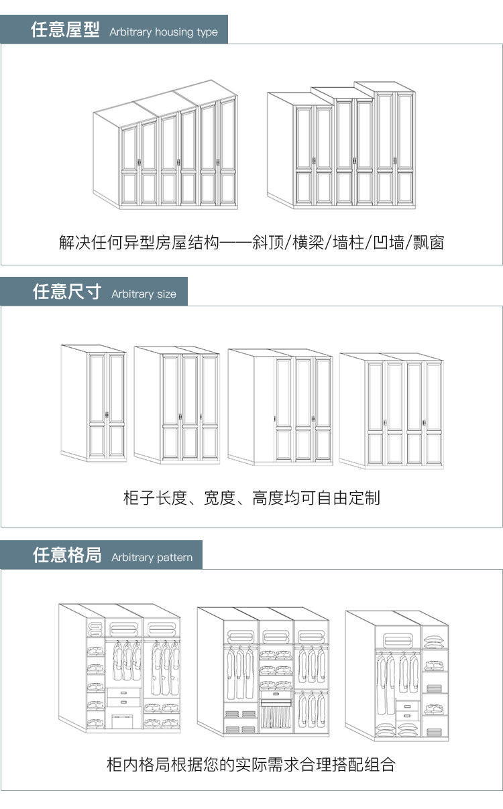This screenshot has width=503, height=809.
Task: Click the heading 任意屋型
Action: (65, 30)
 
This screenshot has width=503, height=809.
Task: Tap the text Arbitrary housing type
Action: (164, 32)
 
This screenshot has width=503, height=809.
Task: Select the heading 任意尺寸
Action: (67, 292)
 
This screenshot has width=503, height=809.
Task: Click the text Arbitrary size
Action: (144, 294)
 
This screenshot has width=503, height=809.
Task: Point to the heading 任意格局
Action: (67, 555)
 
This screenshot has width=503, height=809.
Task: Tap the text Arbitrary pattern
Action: (152, 558)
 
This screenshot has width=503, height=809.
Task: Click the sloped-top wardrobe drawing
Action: (165, 148)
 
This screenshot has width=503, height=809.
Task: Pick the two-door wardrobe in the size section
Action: (94, 403)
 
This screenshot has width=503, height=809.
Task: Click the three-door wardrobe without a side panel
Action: (176, 405)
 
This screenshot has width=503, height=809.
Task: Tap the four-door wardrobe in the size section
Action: (391, 410)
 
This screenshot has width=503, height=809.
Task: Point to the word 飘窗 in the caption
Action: (428, 243)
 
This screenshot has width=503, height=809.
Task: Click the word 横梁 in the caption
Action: (309, 243)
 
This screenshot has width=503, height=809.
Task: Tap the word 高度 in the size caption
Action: (268, 498)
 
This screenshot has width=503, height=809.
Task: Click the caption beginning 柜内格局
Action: (251, 764)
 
